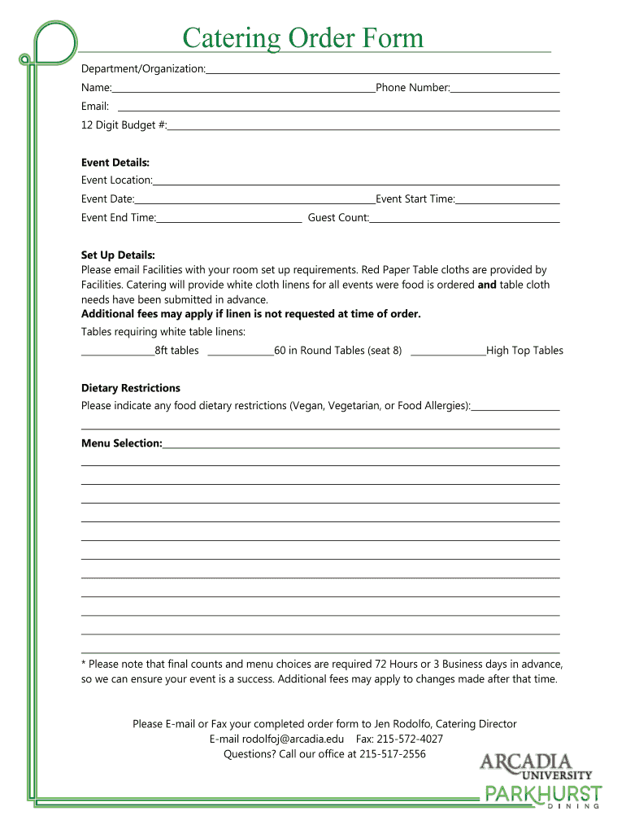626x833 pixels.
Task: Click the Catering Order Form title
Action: (302, 38)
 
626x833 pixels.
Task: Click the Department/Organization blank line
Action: (382, 72)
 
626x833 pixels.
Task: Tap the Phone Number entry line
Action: (505, 89)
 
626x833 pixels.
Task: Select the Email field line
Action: (338, 109)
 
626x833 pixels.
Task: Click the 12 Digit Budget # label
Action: (124, 125)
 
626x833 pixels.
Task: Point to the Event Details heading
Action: (115, 163)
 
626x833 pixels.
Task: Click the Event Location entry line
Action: (356, 183)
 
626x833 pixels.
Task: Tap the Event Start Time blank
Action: (507, 202)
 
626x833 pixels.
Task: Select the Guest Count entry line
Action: (464, 220)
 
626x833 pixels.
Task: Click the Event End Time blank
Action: (229, 220)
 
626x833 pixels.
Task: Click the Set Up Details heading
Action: (118, 255)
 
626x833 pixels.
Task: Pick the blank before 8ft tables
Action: (117, 353)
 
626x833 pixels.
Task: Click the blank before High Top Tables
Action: (448, 353)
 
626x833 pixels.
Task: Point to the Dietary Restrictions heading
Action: (131, 388)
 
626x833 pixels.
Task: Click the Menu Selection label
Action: (121, 443)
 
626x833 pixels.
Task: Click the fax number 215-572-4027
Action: (410, 739)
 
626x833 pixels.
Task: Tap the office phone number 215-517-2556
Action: (393, 754)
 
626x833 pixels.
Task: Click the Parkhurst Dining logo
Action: (542, 796)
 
